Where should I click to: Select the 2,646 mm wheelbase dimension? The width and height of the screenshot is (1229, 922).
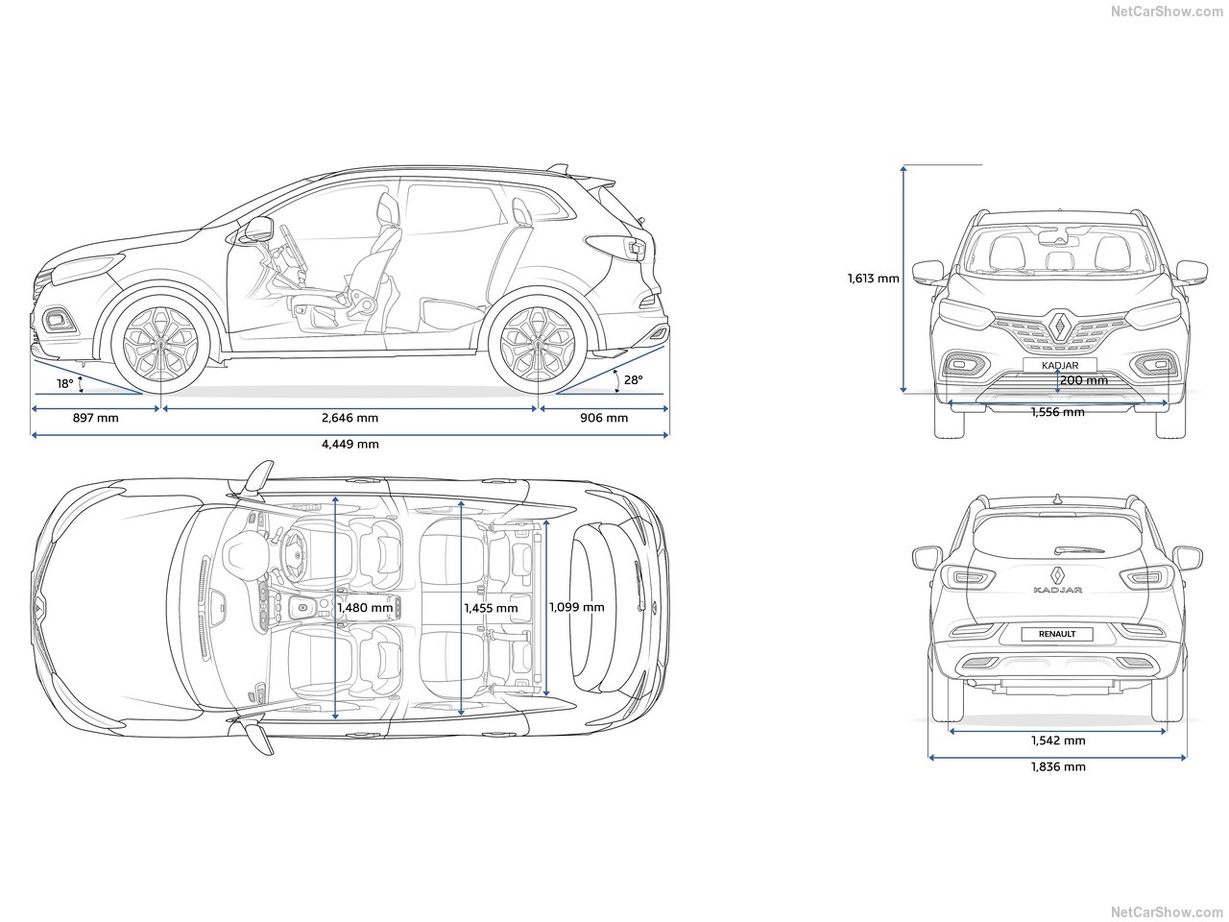click(x=349, y=418)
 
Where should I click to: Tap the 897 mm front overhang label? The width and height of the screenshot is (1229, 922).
click(x=96, y=418)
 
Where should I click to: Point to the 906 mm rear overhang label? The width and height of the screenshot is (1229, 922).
click(x=604, y=418)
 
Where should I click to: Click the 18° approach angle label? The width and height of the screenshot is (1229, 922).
click(x=64, y=384)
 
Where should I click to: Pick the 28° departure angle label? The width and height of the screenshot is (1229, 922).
click(x=633, y=380)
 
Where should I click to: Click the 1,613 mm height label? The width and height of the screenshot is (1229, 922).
click(x=873, y=279)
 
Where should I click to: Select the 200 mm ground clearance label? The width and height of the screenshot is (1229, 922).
click(x=1083, y=380)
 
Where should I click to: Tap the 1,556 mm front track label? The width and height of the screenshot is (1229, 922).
click(x=1057, y=412)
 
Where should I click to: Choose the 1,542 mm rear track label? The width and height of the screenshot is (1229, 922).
click(x=1058, y=740)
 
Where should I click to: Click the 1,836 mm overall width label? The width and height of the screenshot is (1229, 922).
click(x=1058, y=766)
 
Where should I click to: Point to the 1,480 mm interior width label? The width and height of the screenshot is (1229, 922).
click(x=365, y=608)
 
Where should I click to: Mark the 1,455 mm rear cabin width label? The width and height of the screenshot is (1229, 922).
click(x=491, y=608)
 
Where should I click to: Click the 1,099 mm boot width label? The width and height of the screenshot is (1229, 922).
click(x=576, y=607)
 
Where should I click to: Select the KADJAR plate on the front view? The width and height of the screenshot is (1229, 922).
click(x=1058, y=366)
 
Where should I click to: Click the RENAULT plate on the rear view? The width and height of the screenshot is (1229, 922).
click(x=1056, y=634)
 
